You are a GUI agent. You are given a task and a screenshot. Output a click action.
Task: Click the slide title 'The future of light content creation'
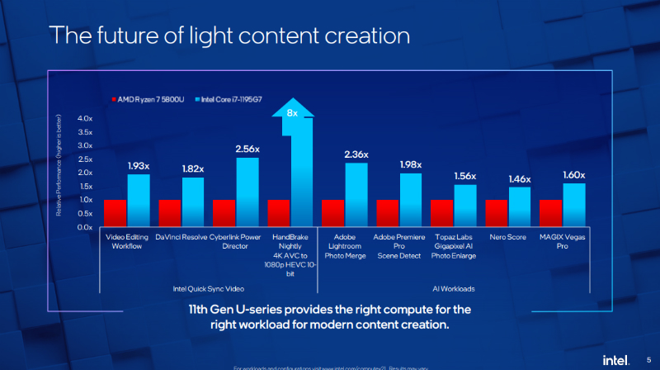click(x=229, y=36)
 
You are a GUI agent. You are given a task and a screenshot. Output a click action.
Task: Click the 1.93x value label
click(x=138, y=166)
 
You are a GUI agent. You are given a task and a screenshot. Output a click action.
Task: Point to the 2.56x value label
click(x=247, y=149)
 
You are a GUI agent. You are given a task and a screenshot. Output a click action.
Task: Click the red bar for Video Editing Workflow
click(x=115, y=213)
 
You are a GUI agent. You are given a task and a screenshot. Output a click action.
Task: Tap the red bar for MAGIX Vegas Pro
click(x=550, y=213)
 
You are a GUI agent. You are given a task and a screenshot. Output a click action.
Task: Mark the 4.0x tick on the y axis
click(x=85, y=118)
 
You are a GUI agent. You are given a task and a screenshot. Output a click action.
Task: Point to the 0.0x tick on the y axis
click(x=85, y=226)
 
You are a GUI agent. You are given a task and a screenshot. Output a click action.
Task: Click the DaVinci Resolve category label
click(x=181, y=237)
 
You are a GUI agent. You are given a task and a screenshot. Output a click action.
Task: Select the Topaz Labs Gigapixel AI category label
click(x=454, y=246)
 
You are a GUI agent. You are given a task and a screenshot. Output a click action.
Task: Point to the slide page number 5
click(x=648, y=358)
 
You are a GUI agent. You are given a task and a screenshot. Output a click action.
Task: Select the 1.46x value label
click(x=519, y=178)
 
